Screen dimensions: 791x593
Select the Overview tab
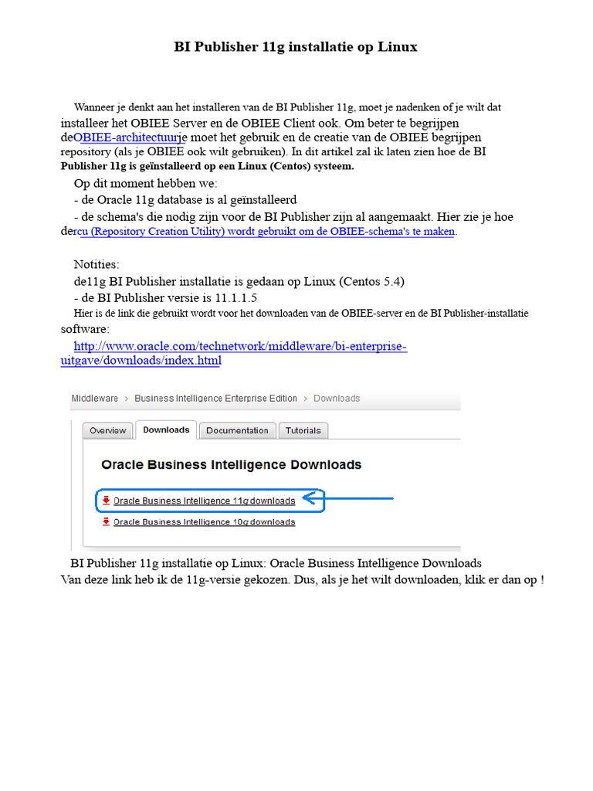coord(107,431)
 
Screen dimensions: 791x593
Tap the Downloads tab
coord(166,430)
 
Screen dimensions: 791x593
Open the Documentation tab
coord(237,431)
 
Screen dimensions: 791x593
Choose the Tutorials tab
coord(303,431)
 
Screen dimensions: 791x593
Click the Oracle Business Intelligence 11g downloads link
coord(204,501)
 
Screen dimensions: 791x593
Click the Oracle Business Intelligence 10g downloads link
coord(204,522)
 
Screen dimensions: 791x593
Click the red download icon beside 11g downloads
coord(106,501)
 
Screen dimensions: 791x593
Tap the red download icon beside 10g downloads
coord(106,522)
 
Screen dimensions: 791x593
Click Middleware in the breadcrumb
coord(94,399)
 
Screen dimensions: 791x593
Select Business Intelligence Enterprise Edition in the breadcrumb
coord(215,399)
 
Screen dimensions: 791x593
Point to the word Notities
coord(97,265)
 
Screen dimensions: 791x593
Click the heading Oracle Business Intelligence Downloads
coord(232,465)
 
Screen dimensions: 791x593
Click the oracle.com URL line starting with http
coord(240,347)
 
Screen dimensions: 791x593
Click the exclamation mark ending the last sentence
coord(542,579)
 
